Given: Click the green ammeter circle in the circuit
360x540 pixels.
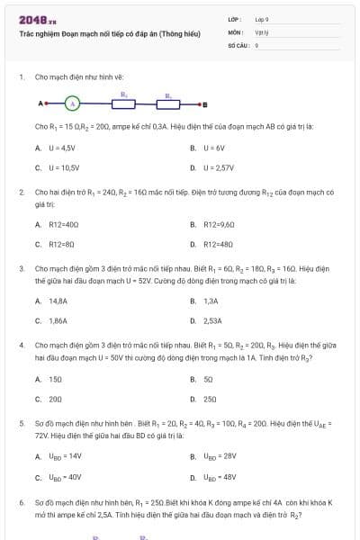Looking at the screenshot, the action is (x=75, y=103).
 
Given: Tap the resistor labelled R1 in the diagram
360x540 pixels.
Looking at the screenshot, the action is (x=124, y=103).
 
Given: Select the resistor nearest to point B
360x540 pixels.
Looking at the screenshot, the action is (x=169, y=103).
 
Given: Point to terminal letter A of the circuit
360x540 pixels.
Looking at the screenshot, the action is (x=41, y=103).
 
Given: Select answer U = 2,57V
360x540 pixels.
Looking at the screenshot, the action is (x=218, y=167).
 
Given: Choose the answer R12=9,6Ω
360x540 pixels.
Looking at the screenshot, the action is (x=219, y=224).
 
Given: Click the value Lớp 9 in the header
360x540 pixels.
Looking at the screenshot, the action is (x=262, y=18).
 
